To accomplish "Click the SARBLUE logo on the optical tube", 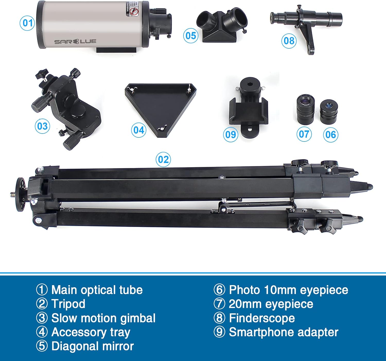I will tap(75, 41).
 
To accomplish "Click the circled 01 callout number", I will tap(27, 23).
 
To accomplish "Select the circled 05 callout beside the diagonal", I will tap(191, 36).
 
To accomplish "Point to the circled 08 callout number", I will tap(289, 41).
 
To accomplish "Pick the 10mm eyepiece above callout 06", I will tap(329, 111).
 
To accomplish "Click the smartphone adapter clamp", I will tap(248, 111).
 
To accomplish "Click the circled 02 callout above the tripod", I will tap(163, 160).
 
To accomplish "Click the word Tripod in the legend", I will tap(68, 304).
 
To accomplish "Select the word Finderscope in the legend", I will tap(262, 318).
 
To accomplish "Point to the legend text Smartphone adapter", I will tap(283, 332).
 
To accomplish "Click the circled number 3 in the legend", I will tap(42, 318).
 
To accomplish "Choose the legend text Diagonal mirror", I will tap(92, 346).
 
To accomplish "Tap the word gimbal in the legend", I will tap(138, 318).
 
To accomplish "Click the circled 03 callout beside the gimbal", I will tap(42, 126).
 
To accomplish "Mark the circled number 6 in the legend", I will tap(220, 290).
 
